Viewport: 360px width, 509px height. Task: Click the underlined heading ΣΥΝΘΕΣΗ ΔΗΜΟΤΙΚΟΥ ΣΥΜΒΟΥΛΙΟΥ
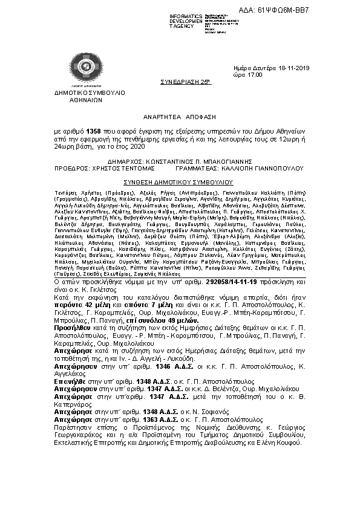click(179, 181)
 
